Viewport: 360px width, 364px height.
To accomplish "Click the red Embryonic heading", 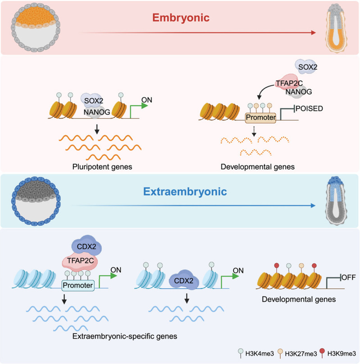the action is click(x=181, y=18).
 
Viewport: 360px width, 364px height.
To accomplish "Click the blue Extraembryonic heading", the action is click(x=185, y=192).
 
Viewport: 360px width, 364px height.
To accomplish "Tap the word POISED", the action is click(x=309, y=109).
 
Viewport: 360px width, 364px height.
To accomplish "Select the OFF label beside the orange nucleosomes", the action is click(x=349, y=277).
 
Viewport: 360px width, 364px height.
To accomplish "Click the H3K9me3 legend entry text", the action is click(x=342, y=354).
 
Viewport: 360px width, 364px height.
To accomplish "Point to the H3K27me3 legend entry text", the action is click(x=301, y=354).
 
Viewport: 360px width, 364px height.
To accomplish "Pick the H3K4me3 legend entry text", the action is click(x=260, y=354).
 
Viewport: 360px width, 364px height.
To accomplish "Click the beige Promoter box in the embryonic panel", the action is click(x=261, y=118).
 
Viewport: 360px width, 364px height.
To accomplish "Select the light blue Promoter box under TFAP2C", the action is click(x=78, y=285).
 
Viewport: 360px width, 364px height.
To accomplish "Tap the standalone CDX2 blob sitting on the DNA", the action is click(x=183, y=280).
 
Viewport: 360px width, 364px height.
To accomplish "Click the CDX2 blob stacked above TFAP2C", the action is click(x=87, y=246).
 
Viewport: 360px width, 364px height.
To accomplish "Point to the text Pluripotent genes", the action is click(x=102, y=167).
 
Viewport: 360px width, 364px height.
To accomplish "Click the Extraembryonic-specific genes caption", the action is click(x=125, y=336).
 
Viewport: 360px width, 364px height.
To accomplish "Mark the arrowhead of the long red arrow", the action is click(x=314, y=32).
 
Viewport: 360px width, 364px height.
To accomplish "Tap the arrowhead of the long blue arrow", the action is click(x=313, y=205).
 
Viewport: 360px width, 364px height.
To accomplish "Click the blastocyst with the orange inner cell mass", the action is click(x=36, y=27).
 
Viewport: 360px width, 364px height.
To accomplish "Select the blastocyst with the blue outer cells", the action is click(x=36, y=201).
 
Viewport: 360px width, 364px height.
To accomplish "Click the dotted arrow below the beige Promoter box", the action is click(x=254, y=131).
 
